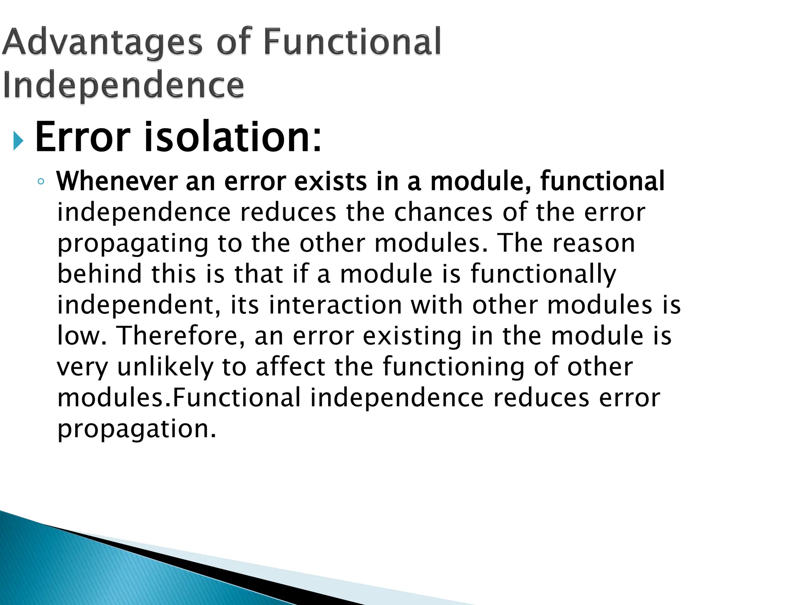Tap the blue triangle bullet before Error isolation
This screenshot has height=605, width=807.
(x=18, y=141)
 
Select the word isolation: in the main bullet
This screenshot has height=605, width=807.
(x=232, y=137)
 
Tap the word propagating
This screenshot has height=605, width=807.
(x=133, y=244)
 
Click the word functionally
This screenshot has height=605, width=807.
(x=543, y=275)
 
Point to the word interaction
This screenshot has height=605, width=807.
(x=335, y=305)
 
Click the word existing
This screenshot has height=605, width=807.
(x=411, y=336)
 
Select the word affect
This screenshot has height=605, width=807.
(x=290, y=366)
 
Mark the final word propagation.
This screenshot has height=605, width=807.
(x=137, y=429)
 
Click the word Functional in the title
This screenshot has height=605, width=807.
(x=352, y=43)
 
